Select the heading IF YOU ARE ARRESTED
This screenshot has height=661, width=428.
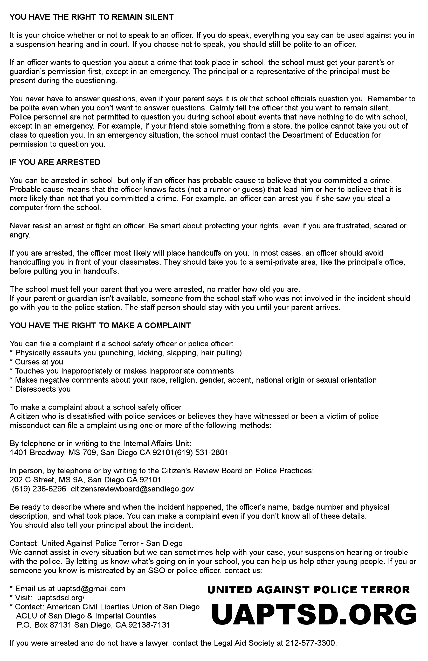click(55, 162)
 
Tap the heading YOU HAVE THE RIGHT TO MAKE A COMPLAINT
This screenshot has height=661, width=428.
click(100, 326)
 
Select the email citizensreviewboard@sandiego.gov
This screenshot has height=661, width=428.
click(132, 489)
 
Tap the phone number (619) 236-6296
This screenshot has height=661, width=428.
click(39, 489)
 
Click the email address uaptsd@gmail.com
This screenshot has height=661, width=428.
click(91, 588)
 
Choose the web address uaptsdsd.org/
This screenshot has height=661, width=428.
click(61, 598)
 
